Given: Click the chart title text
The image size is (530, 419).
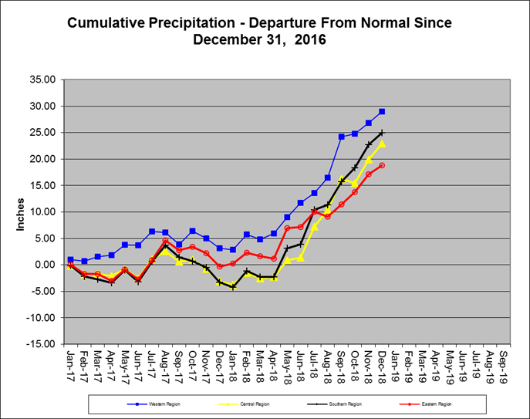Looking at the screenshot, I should click(259, 31).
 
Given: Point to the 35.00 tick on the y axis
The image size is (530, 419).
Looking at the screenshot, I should click(42, 79).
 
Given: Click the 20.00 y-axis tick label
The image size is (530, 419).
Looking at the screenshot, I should click(42, 159).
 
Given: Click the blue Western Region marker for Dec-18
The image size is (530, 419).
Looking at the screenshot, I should click(382, 112).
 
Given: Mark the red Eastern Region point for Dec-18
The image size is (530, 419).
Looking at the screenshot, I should click(382, 165).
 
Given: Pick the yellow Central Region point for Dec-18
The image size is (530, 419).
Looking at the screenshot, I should click(382, 144).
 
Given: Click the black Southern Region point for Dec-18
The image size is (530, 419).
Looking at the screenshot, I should click(382, 133).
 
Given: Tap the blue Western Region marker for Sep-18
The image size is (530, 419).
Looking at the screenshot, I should click(341, 137).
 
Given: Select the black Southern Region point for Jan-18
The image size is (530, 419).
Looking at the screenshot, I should click(233, 287).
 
